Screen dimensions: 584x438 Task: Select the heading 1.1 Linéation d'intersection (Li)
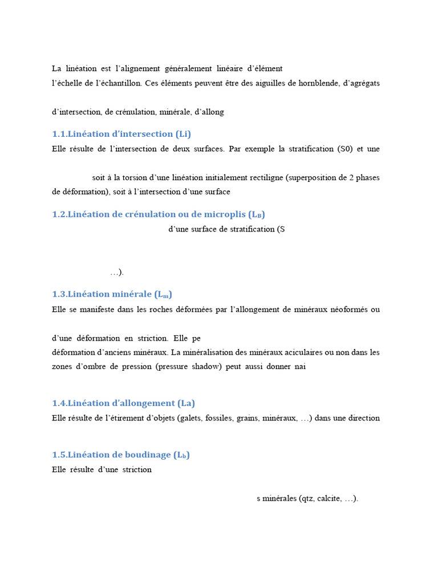(x=121, y=134)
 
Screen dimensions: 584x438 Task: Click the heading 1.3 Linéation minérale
(x=112, y=294)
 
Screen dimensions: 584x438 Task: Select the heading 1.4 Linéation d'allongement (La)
(x=123, y=403)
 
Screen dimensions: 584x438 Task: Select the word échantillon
(x=115, y=83)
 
